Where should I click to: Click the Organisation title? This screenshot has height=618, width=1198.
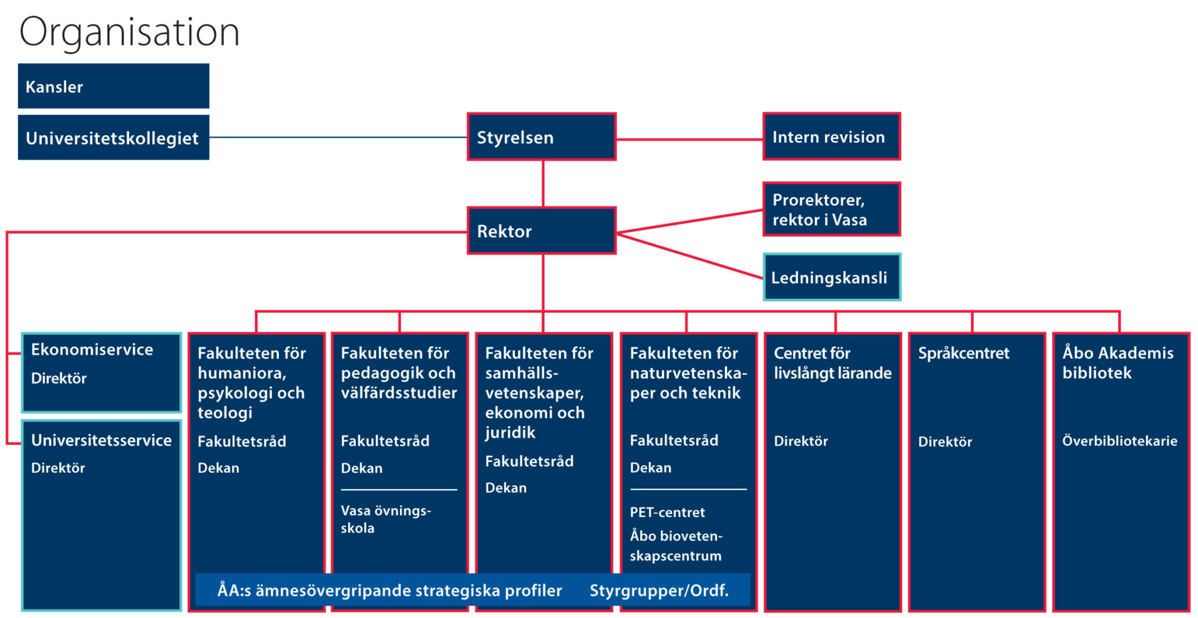point(129,32)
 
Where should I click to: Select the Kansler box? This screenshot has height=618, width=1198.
point(113,86)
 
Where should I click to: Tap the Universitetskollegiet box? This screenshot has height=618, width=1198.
point(113,138)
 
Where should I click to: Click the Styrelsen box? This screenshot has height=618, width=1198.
point(542,137)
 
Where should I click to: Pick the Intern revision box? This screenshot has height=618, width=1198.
point(831,137)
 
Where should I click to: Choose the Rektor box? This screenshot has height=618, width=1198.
point(542,231)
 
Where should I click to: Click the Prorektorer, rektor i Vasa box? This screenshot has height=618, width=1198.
point(831,210)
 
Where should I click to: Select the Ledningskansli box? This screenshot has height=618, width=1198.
point(831,278)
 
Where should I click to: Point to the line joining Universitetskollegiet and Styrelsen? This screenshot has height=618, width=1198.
point(337,137)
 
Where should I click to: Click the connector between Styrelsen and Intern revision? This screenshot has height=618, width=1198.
point(689,139)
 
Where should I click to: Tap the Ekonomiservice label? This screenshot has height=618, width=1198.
point(92,350)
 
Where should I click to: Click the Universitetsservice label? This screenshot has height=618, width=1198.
point(101,440)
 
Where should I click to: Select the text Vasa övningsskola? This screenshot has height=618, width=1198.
point(385,519)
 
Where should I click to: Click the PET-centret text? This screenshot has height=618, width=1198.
point(667,513)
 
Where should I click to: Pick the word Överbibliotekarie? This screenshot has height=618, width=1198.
point(1119,441)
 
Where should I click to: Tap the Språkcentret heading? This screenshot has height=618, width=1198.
point(963,353)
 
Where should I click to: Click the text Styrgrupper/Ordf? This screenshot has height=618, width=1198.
point(659,591)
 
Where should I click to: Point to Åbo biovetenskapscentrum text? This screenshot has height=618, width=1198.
point(676,546)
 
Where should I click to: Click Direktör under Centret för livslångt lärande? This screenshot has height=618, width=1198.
point(801,442)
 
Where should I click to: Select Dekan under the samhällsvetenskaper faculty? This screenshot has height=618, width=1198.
point(505,488)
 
